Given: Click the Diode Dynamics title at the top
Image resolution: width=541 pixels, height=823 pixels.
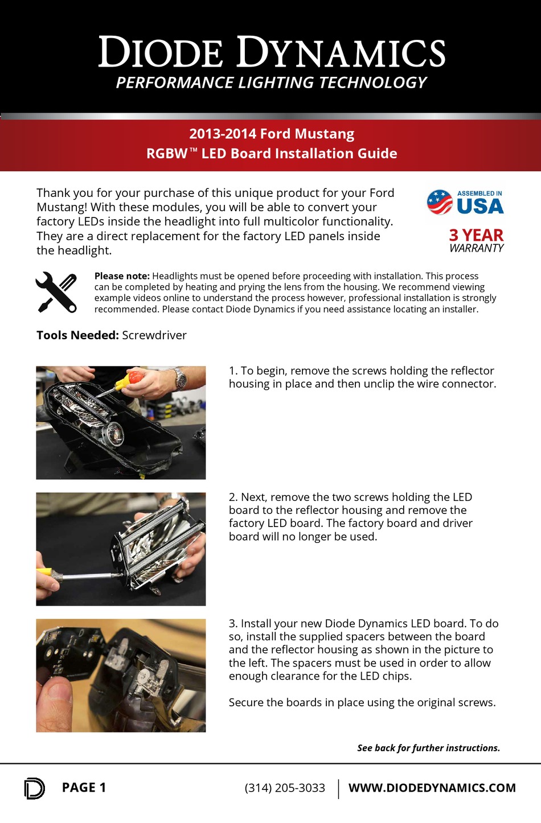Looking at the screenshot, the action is (x=272, y=51).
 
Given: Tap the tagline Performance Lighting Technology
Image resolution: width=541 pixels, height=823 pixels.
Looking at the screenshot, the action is (x=271, y=83).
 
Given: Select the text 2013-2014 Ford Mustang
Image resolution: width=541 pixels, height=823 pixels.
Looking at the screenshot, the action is (x=272, y=134).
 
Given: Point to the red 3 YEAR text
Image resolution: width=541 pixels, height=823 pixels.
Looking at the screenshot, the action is (x=476, y=235).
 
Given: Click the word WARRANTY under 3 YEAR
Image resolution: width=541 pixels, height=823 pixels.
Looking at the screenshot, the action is (x=476, y=248).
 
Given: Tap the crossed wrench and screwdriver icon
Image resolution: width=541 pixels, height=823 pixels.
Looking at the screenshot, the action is (x=56, y=293).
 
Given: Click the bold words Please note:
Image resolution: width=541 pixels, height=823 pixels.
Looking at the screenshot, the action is (x=122, y=276).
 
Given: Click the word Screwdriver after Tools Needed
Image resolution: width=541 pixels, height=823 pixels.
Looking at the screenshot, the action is (x=154, y=335).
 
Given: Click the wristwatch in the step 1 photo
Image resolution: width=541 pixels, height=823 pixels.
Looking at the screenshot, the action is (x=180, y=378).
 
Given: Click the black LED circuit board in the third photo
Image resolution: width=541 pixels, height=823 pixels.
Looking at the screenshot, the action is (x=71, y=652).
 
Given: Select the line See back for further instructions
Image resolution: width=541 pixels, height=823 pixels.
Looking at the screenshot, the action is (x=429, y=748).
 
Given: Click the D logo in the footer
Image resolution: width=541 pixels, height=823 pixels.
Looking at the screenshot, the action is (x=35, y=788).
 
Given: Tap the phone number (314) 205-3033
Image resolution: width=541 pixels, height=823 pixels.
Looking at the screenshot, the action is (x=285, y=788).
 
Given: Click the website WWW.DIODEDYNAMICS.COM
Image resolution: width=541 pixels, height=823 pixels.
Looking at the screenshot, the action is (x=432, y=788).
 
